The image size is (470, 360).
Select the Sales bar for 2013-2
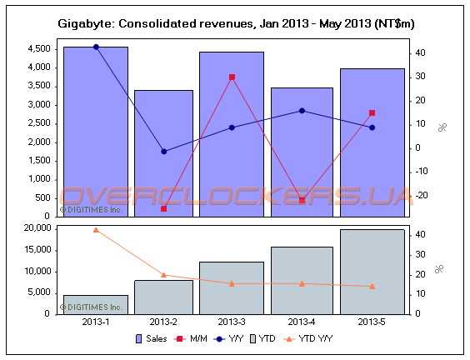[163, 150]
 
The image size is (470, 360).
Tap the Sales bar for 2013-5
[372, 142]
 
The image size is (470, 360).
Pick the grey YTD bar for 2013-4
[302, 280]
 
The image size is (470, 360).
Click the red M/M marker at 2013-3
[232, 77]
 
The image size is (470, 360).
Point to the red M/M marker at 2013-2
[163, 208]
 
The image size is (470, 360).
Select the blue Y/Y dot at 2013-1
[96, 47]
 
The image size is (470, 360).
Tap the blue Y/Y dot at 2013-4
[302, 110]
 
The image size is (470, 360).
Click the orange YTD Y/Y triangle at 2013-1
[96, 229]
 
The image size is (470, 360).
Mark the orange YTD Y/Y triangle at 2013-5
[372, 287]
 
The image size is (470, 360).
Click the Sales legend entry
[151, 338]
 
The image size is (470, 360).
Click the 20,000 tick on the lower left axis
[37, 228]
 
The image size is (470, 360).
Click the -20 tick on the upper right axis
[422, 195]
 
